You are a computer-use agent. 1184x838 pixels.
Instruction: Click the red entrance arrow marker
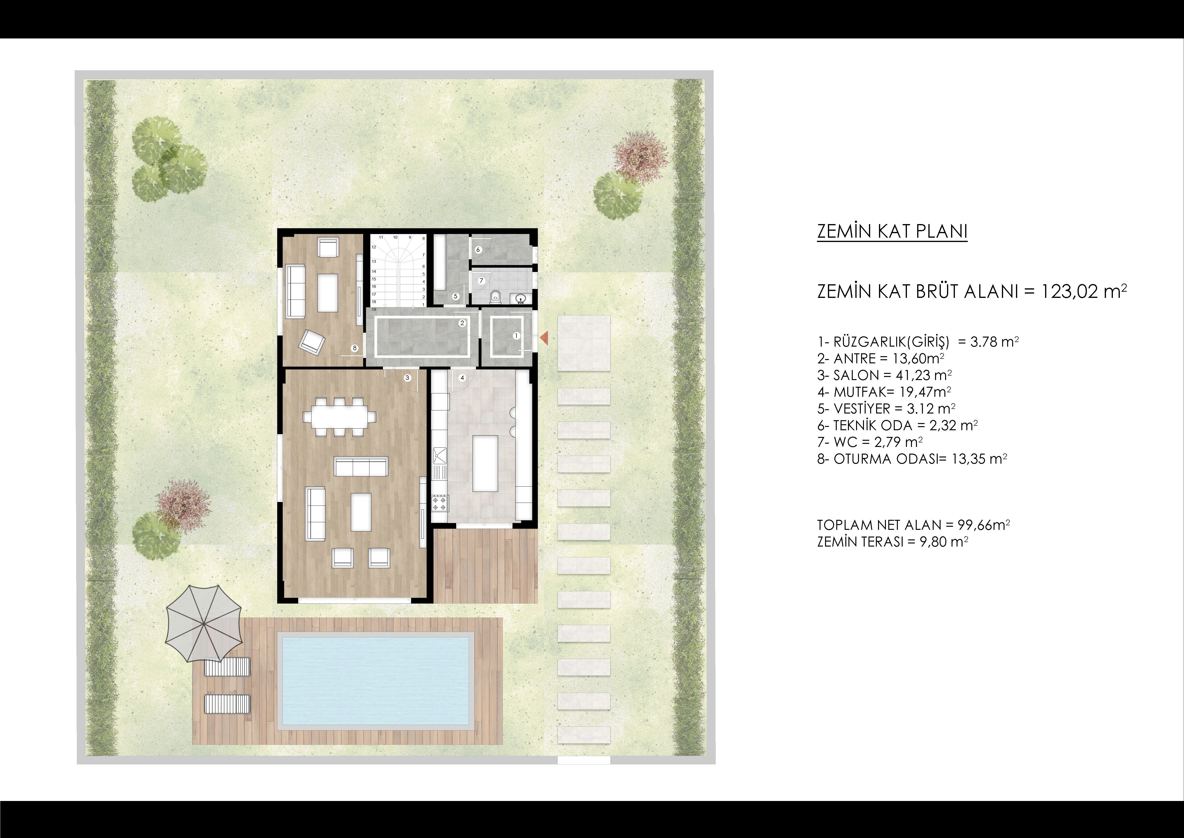[x=543, y=338]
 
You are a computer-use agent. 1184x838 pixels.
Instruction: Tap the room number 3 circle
[x=407, y=378]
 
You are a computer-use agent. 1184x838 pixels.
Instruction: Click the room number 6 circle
[x=478, y=250]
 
